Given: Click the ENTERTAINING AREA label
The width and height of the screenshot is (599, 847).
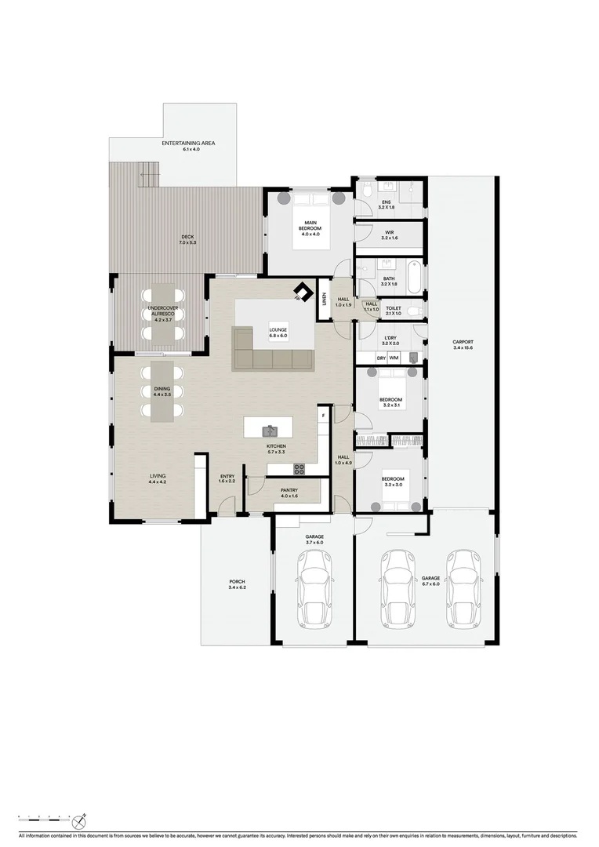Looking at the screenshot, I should point(188,144).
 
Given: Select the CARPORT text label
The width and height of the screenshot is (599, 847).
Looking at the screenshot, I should point(463,342).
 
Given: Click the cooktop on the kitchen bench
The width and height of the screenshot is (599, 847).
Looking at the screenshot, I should point(299,469).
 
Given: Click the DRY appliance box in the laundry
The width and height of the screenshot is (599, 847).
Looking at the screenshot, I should point(381,358).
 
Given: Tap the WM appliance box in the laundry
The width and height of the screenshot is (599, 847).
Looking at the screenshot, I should point(394,358).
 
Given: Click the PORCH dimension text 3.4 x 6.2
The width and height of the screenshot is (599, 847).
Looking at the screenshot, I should point(237,587).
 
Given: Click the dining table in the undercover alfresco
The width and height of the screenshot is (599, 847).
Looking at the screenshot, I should point(165,314).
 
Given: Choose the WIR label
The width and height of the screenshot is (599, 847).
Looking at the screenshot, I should point(390,232).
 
